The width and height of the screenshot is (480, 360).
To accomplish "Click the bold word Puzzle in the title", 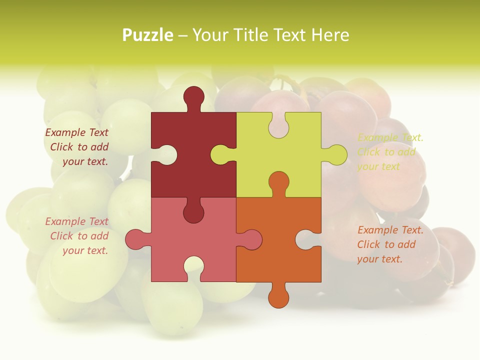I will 148,35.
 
